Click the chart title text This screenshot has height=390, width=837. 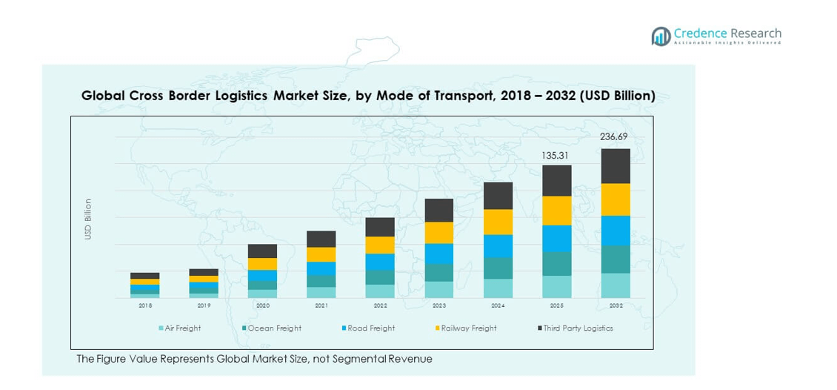[368, 96]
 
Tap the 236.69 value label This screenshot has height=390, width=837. [613, 136]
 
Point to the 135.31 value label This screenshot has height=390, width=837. [556, 156]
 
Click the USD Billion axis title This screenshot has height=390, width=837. [88, 219]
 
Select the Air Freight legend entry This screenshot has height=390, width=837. [179, 328]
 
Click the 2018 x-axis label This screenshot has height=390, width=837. [145, 305]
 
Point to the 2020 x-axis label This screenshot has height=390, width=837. [262, 305]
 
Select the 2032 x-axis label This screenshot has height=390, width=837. [616, 305]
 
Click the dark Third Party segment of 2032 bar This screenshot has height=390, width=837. [616, 166]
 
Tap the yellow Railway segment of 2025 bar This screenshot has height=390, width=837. [557, 211]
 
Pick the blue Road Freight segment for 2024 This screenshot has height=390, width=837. [498, 246]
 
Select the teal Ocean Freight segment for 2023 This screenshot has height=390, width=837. [439, 272]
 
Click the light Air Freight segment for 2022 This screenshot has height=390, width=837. [380, 291]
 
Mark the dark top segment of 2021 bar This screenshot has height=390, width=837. [321, 239]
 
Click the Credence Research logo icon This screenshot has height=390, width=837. [661, 36]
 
